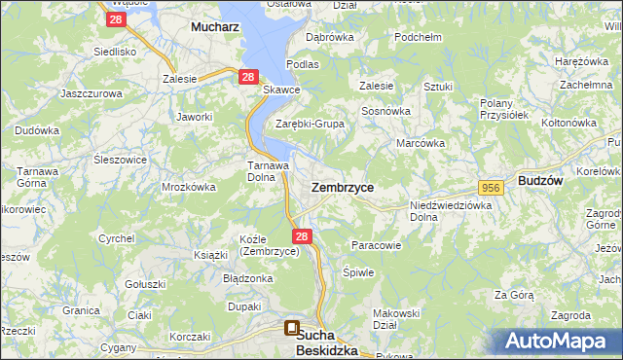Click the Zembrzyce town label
(x=342, y=186)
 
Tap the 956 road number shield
(x=490, y=186)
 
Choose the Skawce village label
(x=281, y=90)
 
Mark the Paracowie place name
(x=376, y=245)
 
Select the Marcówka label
(x=421, y=143)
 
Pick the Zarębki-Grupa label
(x=310, y=125)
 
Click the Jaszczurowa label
(x=90, y=93)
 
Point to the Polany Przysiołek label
(x=503, y=108)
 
